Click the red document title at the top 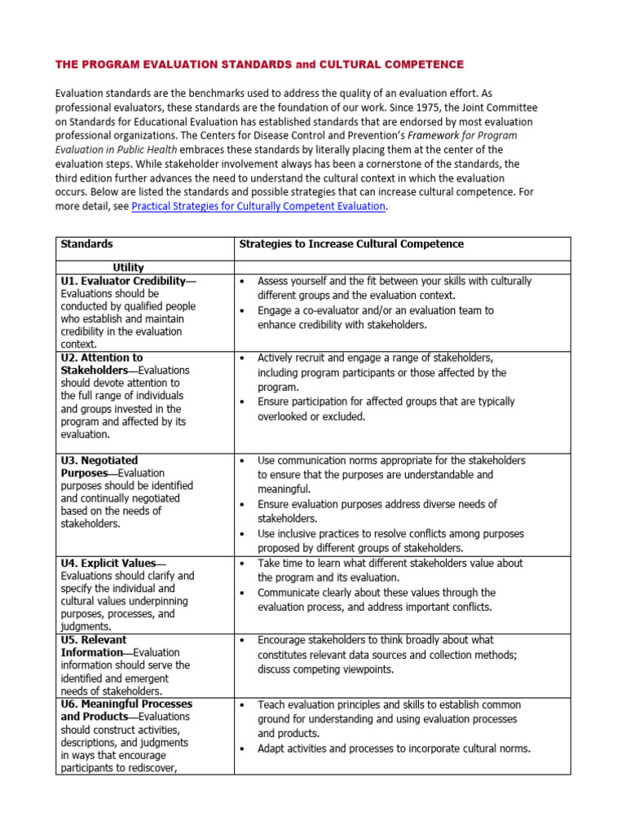click(x=259, y=64)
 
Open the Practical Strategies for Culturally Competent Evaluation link click(x=258, y=206)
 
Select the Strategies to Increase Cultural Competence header click(x=350, y=244)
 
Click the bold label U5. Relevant click(x=94, y=639)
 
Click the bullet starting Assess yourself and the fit click(x=394, y=281)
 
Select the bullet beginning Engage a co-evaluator click(x=375, y=310)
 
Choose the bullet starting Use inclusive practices click(x=390, y=533)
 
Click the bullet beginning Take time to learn click(x=390, y=563)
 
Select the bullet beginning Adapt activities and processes click(x=394, y=748)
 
